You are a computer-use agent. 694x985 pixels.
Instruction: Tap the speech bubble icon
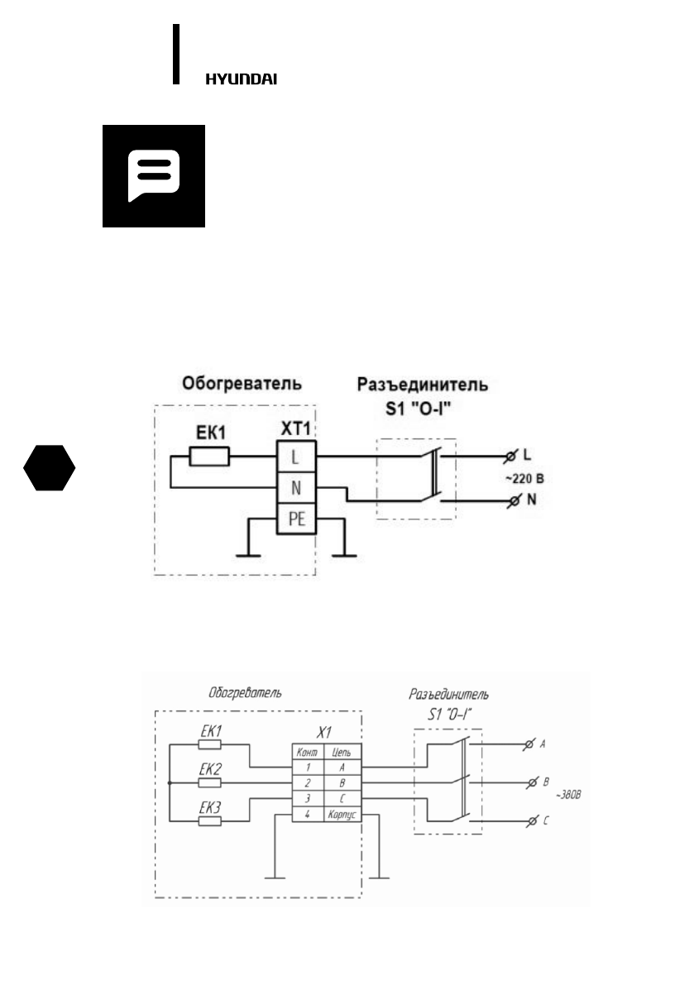pos(154,175)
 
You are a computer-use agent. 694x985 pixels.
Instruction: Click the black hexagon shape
pos(50,468)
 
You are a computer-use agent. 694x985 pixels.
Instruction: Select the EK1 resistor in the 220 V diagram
pos(209,457)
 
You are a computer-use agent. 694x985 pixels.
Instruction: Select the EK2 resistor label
pos(211,768)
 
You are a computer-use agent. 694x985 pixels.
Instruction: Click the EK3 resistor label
pos(211,804)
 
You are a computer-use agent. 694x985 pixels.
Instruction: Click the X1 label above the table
pos(325,732)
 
